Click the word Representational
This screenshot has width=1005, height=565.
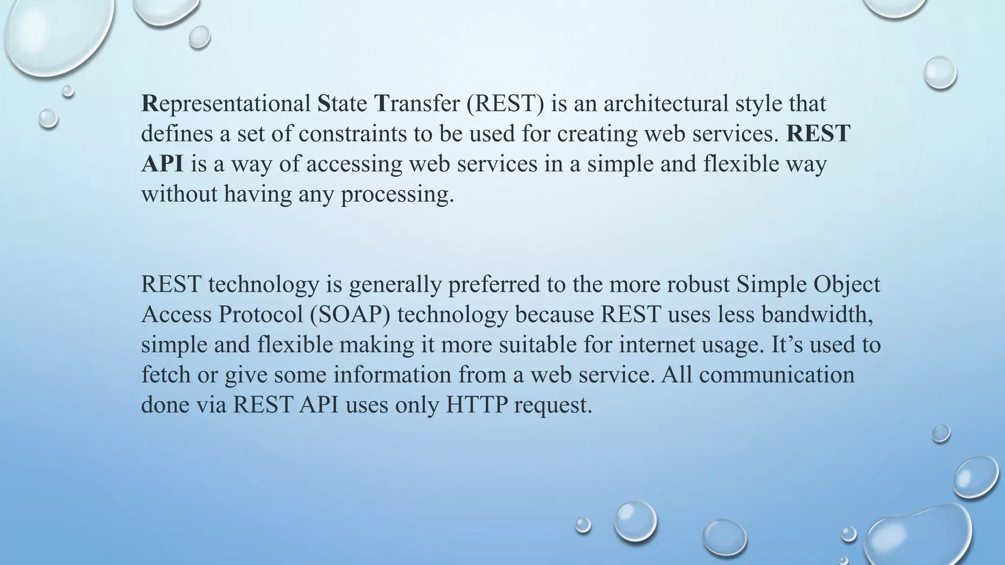[226, 104]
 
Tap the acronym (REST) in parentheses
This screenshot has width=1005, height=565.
[505, 104]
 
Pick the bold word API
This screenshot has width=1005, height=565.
[162, 164]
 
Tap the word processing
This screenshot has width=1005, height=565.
[397, 195]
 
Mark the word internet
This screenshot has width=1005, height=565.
[652, 345]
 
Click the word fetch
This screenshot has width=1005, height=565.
[165, 375]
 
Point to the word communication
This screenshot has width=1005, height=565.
[777, 375]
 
